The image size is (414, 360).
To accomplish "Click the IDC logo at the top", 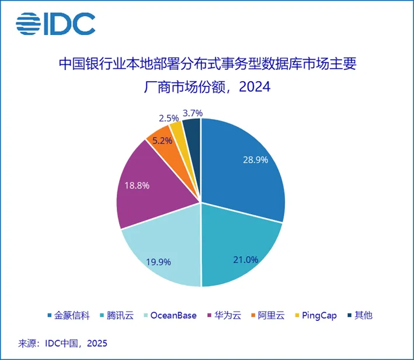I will pos(55,23).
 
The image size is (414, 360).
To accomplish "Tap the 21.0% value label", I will pos(245,259).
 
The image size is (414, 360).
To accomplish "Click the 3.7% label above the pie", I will pos(192,113).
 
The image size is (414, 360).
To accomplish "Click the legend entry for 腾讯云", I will pos(121,315).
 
